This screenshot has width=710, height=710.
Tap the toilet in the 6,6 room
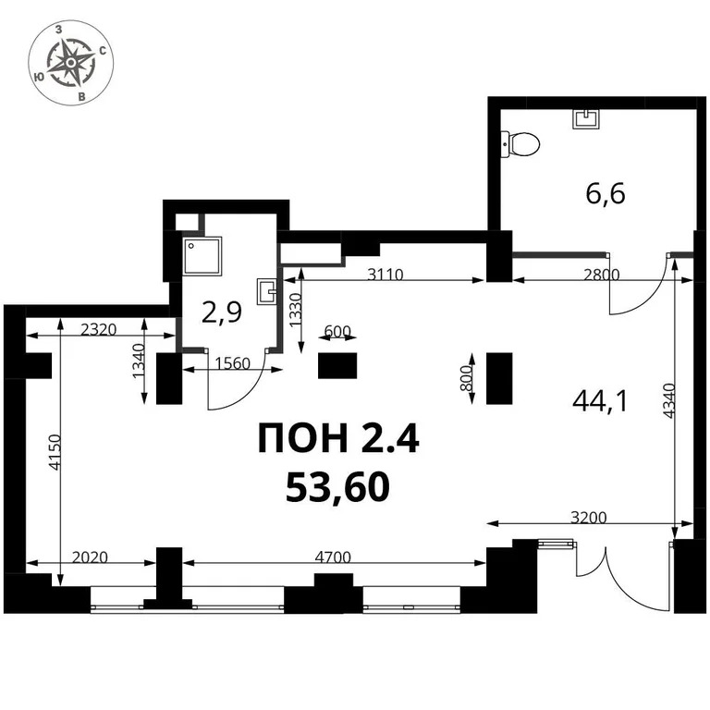(x=521, y=143)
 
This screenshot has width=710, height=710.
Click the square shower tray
(x=202, y=255)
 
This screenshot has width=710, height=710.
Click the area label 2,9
(x=222, y=312)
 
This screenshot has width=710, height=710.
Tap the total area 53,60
(x=337, y=485)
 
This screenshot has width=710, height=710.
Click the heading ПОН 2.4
(x=338, y=440)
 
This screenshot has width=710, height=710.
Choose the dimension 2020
(x=91, y=557)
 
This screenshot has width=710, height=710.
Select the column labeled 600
(x=337, y=365)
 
